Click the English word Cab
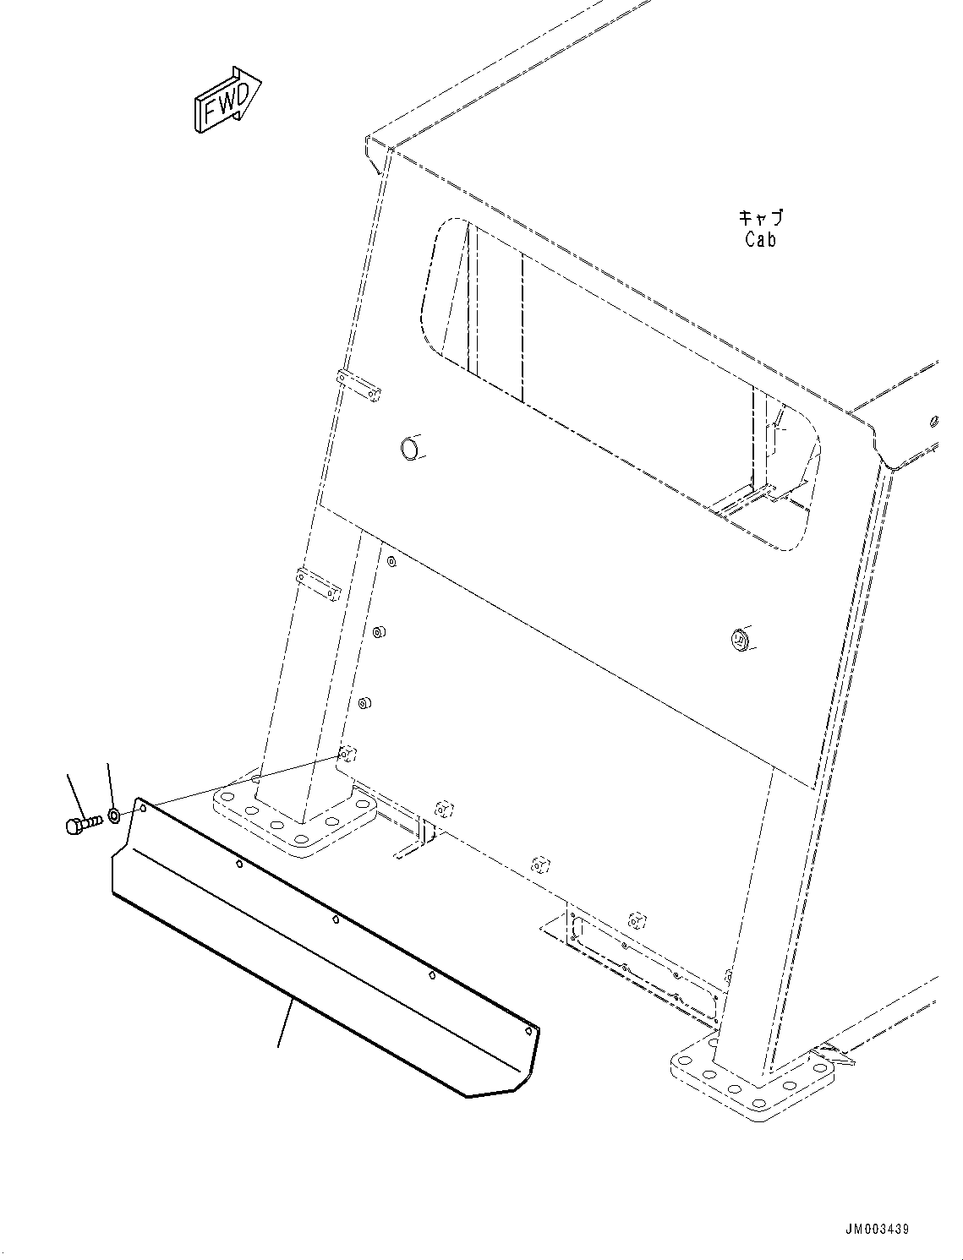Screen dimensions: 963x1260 tap(760, 239)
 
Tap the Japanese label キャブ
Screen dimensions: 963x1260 tap(760, 218)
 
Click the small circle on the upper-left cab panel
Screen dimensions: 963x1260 tap(410, 447)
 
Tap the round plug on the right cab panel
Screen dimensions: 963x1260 tap(741, 639)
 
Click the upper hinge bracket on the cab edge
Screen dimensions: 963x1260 tap(358, 385)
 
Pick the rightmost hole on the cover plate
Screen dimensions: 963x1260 tap(528, 1031)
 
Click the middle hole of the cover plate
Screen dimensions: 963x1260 tap(336, 919)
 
